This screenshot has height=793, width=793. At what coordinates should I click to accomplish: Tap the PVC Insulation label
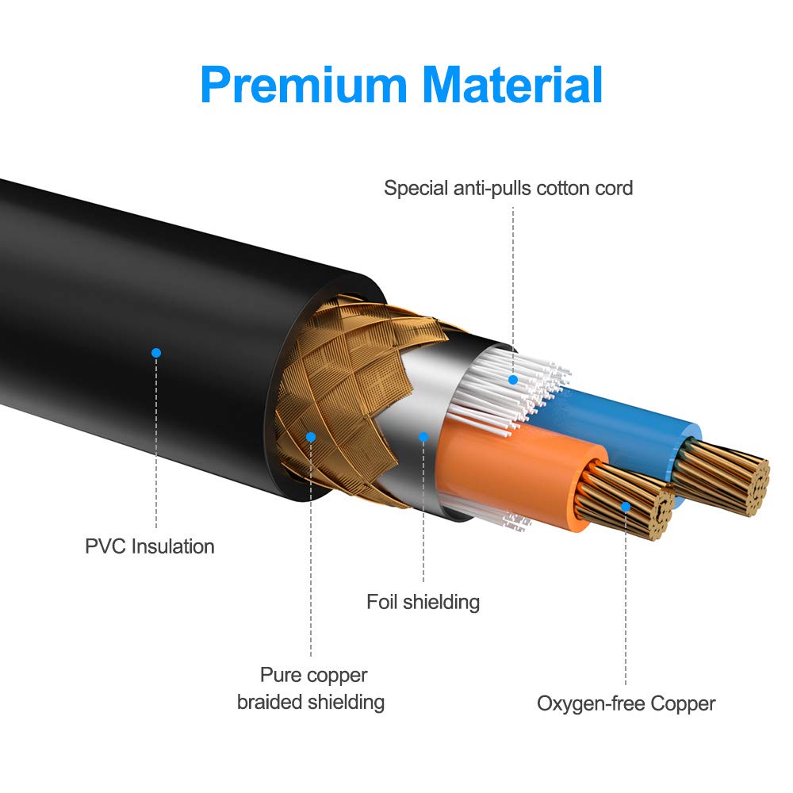(x=149, y=546)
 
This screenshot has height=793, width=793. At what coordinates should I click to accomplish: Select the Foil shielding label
(x=423, y=602)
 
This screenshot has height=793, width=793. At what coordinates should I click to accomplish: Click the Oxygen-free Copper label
(x=626, y=703)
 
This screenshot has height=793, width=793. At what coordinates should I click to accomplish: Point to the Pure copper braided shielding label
(x=311, y=688)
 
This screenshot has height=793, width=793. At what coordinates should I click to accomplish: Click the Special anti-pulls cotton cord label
(x=508, y=188)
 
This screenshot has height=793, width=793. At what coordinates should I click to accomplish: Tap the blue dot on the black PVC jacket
(x=156, y=351)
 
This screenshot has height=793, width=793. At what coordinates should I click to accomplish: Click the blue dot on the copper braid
(x=311, y=437)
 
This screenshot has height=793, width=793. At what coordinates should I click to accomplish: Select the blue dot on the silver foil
(x=423, y=437)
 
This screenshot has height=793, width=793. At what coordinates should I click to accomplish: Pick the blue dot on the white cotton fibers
(x=513, y=380)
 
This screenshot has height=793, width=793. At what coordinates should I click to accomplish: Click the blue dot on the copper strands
(x=626, y=505)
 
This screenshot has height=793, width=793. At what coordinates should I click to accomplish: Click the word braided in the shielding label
(x=272, y=702)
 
